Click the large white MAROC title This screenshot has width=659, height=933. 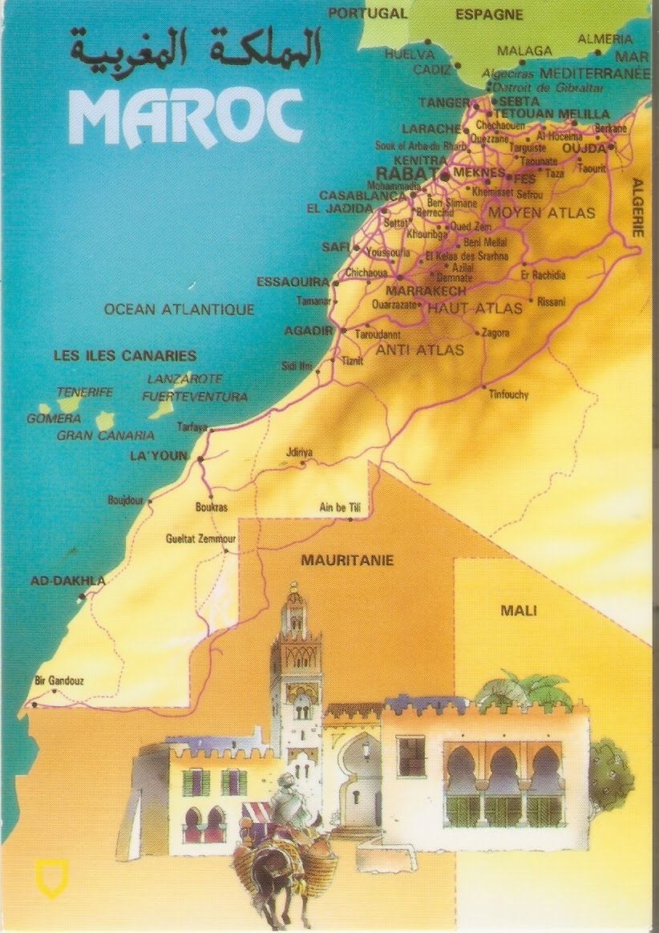click(185, 115)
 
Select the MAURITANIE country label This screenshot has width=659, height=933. click(347, 560)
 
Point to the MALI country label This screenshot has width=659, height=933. click(519, 611)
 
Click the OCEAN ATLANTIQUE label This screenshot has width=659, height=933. click(180, 309)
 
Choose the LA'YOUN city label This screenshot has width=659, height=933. click(158, 456)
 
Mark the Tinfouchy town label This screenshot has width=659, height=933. click(509, 394)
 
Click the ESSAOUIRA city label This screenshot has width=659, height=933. click(293, 281)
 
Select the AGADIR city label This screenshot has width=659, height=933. click(309, 330)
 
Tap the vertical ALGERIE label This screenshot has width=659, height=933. click(638, 207)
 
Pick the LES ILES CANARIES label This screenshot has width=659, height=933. click(124, 355)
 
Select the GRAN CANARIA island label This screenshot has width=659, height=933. click(105, 436)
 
